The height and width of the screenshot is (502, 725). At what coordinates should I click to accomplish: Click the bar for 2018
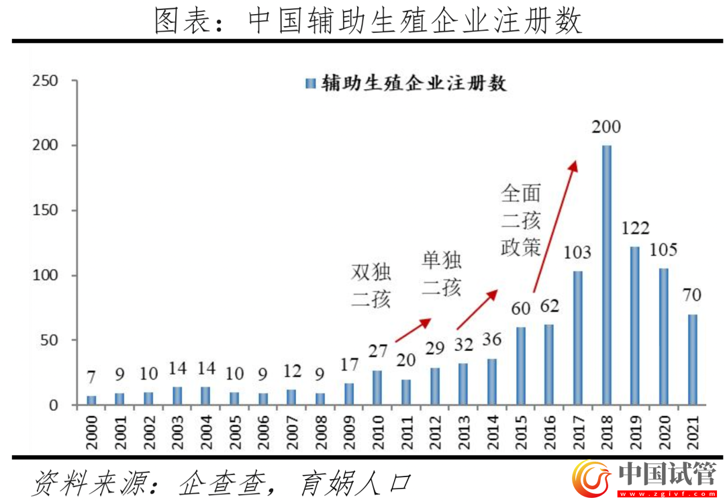pos(607,275)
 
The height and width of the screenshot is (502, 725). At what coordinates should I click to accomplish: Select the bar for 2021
pos(692,360)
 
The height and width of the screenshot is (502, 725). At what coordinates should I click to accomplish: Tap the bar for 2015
pos(521,366)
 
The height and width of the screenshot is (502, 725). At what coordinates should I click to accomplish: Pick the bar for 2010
pos(378,388)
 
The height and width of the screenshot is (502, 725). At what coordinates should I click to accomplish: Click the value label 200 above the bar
pos(607,127)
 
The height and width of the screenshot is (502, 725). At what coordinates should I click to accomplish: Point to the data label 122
pos(635,228)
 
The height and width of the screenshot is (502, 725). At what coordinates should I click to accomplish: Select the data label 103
pos(577,252)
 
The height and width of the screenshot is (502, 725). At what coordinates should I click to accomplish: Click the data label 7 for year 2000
pos(91,378)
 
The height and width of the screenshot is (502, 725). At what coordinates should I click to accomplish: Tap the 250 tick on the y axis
pos(46,81)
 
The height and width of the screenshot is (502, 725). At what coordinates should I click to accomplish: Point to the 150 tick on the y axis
pos(46,211)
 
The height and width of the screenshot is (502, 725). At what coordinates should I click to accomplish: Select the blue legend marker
pos(310,83)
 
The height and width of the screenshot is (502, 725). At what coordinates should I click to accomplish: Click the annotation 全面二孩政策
pos(521,221)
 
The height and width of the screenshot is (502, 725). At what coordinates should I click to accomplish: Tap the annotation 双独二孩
pos(371,285)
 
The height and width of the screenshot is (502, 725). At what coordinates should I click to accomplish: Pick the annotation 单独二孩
pos(442,274)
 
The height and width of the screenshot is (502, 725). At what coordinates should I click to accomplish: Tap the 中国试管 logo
pos(644,479)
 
